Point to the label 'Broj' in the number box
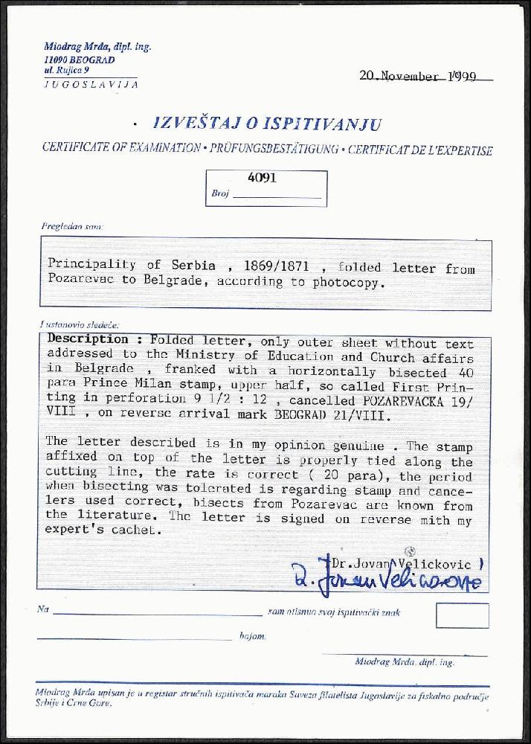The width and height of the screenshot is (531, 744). pos(219,193)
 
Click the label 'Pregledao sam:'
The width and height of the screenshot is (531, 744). pos(73,225)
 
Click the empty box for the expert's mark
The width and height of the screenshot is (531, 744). pos(462,615)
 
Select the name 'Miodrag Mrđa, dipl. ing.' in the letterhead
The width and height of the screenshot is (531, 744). pos(97,46)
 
